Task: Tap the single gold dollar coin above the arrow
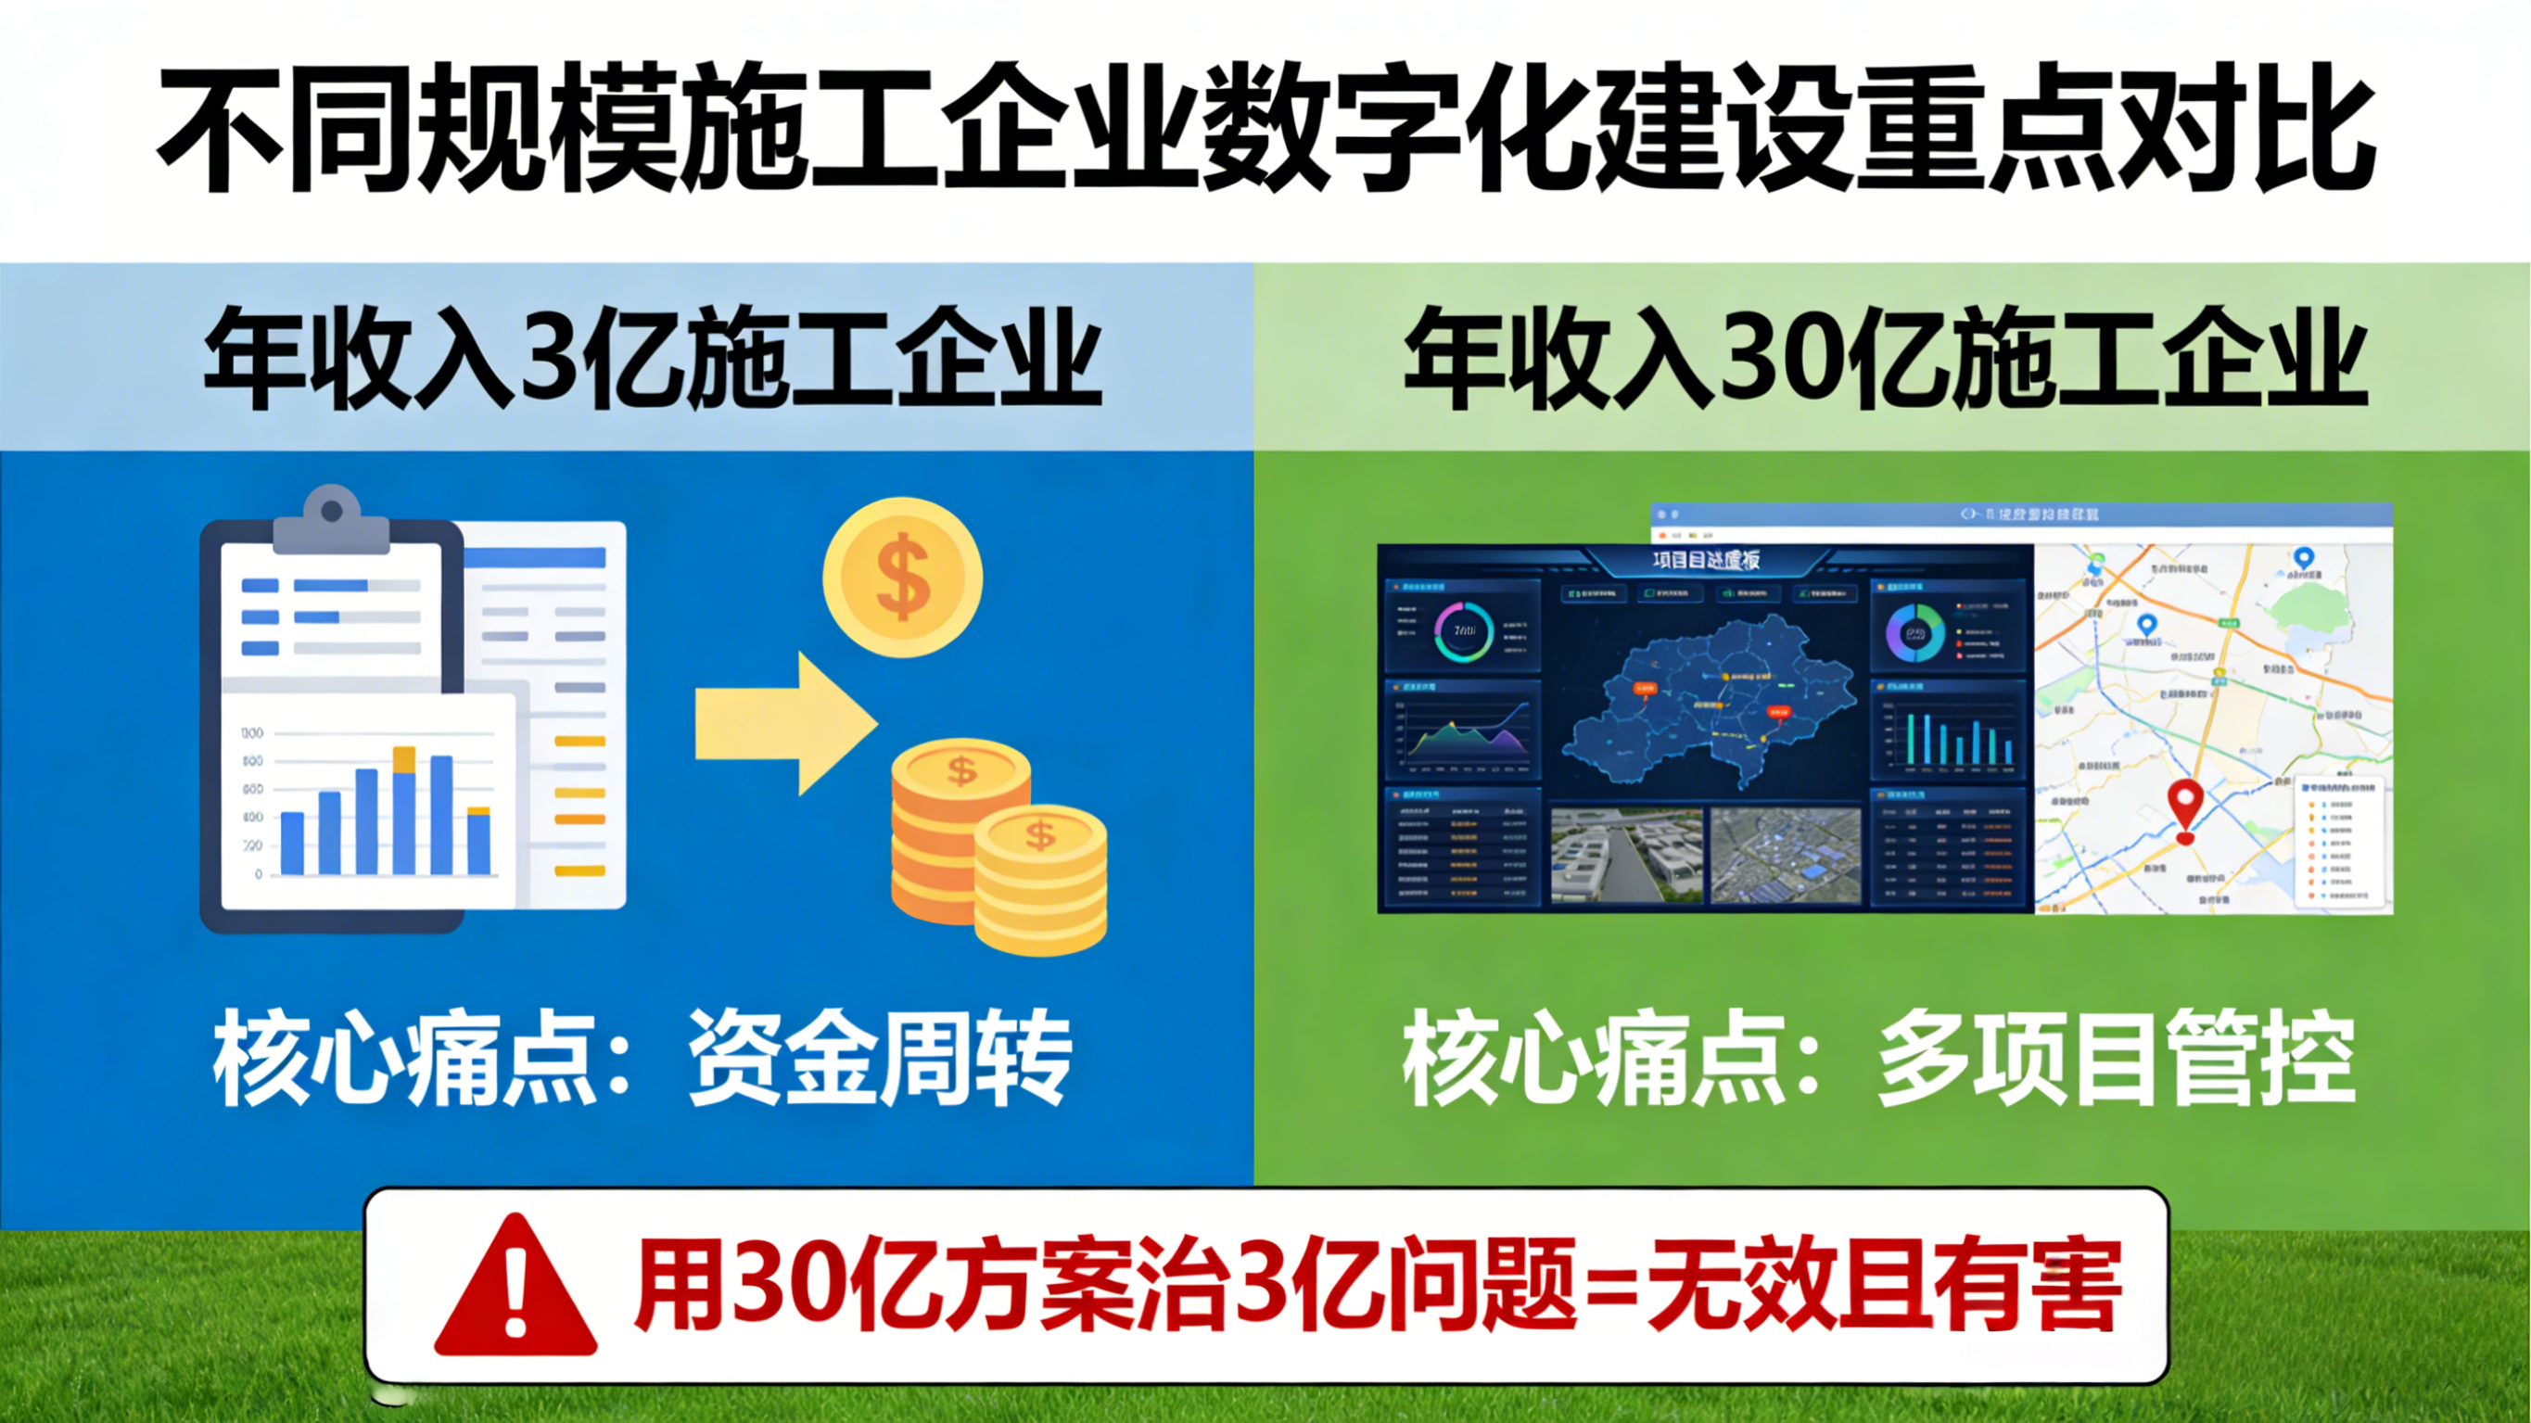pyautogui.click(x=902, y=577)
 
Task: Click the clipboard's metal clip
pyautogui.click(x=332, y=520)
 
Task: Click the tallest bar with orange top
pyautogui.click(x=404, y=811)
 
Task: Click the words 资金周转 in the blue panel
pyautogui.click(x=880, y=1059)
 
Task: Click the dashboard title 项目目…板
pyautogui.click(x=1706, y=560)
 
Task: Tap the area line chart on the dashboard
pyautogui.click(x=1463, y=732)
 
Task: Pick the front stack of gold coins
pyautogui.click(x=1039, y=880)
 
